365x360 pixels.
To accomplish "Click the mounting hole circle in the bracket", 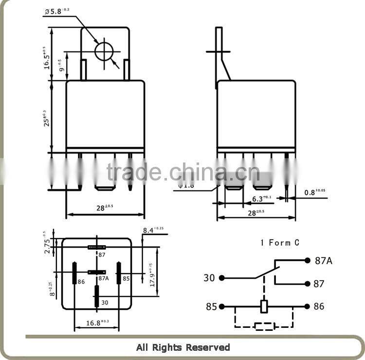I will coord(104,51).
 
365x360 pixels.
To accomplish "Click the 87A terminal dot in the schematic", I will coord(307,260).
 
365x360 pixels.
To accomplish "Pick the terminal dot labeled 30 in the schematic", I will coord(222,278).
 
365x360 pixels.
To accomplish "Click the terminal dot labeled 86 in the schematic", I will coord(307,306).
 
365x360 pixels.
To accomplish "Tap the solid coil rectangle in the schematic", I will coord(264,306).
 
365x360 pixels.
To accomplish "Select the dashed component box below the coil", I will coord(264,326).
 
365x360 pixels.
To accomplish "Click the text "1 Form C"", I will coord(280,242).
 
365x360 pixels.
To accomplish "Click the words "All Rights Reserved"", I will coord(182,347).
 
